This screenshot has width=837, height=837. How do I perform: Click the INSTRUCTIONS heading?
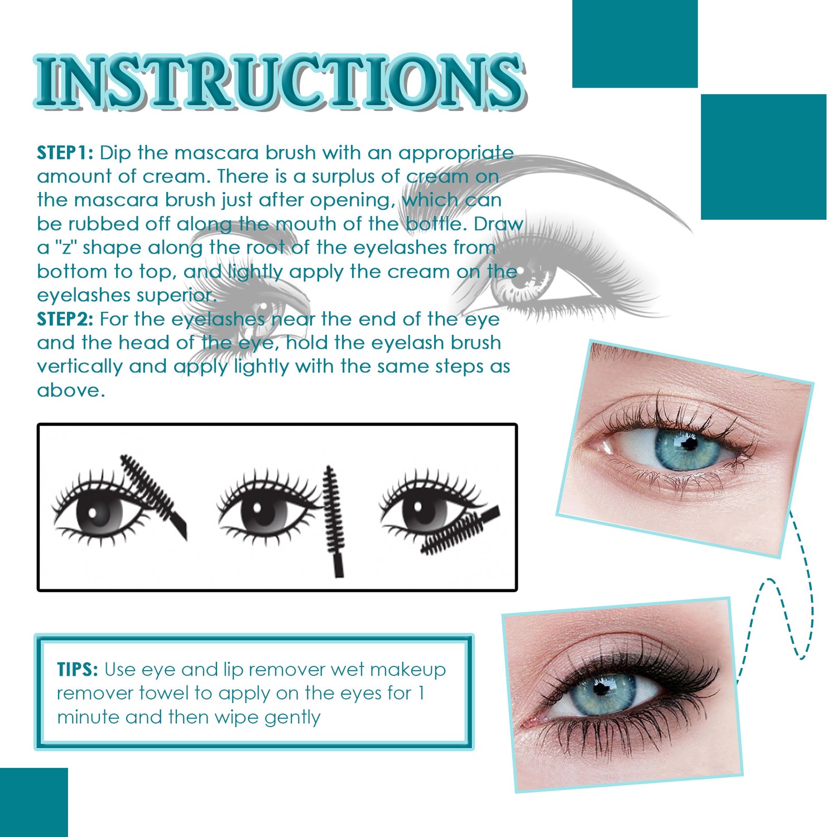pyautogui.click(x=279, y=82)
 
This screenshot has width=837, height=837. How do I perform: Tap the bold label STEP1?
pyautogui.click(x=65, y=153)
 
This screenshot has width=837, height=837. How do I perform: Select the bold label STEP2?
pyautogui.click(x=65, y=319)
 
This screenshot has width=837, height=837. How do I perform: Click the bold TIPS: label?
pyautogui.click(x=78, y=669)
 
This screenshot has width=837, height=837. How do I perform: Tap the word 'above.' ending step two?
pyautogui.click(x=71, y=391)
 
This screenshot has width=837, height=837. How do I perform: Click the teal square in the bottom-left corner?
pyautogui.click(x=33, y=802)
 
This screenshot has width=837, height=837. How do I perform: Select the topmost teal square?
pyautogui.click(x=635, y=44)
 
